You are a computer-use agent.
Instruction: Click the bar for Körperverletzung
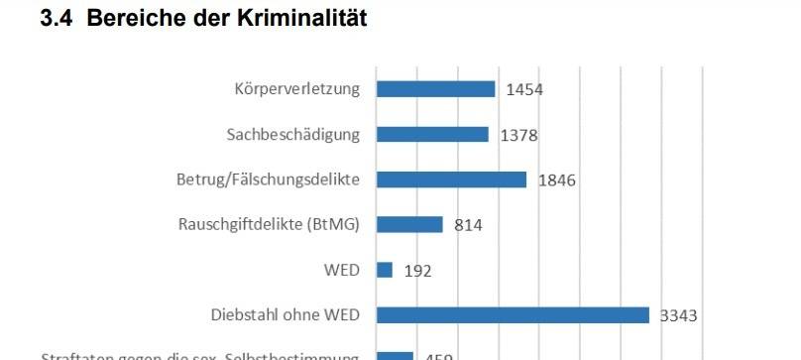tap(435, 89)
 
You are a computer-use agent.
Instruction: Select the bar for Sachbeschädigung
tap(432, 134)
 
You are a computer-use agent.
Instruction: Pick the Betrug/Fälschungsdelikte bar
tap(451, 180)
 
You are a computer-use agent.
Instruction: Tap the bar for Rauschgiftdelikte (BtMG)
tap(409, 224)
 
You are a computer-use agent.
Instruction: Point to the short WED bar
tap(385, 270)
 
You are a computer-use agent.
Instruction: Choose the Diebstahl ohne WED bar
tap(513, 315)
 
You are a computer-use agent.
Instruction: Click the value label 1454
tap(524, 90)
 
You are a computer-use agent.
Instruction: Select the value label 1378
tap(518, 135)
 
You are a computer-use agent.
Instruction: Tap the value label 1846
tap(556, 180)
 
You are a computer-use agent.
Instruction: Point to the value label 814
tap(468, 225)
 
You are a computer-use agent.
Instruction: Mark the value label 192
tap(417, 271)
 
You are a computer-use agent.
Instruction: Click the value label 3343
tap(679, 316)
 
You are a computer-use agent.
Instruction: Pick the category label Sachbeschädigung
tap(292, 134)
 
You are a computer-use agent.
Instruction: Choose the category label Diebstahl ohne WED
tap(286, 315)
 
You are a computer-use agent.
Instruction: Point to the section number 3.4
tap(55, 19)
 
